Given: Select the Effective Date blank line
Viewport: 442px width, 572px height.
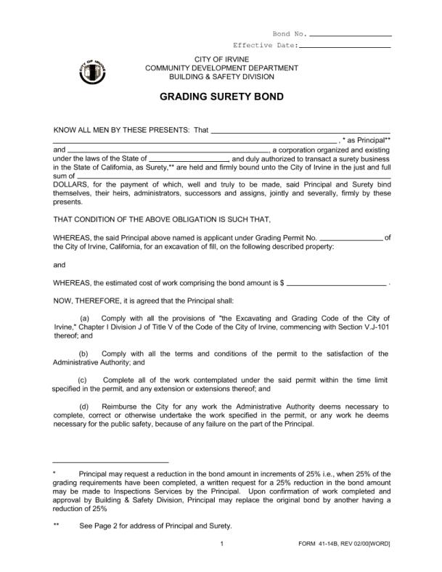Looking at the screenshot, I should click(x=345, y=46).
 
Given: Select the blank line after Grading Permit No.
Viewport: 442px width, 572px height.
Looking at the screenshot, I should click(x=351, y=237).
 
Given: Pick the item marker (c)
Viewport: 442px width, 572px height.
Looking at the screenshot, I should click(x=82, y=380).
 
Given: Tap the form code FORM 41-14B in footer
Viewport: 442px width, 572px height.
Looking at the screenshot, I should click(x=320, y=544).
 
